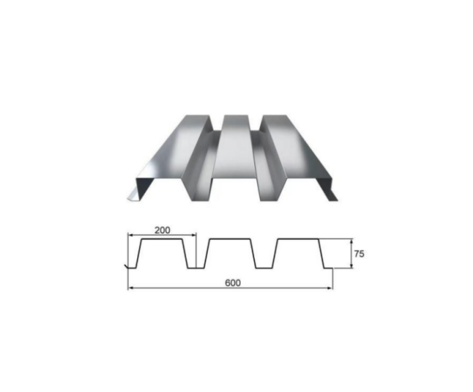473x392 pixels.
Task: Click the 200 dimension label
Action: (x=162, y=230)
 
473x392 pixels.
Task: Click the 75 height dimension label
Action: (x=358, y=253)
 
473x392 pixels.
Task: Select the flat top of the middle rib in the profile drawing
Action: (x=229, y=239)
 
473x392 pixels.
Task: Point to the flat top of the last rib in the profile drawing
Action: (x=298, y=239)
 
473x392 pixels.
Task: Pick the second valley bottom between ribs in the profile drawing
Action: (x=264, y=268)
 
